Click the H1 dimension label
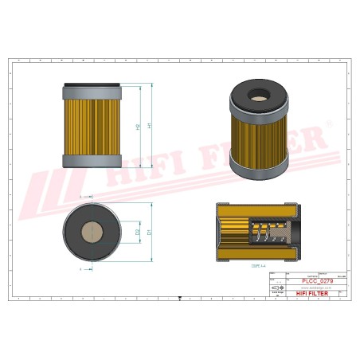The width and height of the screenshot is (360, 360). (x=149, y=127)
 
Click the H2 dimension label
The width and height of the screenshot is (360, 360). (x=139, y=127)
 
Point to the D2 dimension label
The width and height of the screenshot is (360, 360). (x=139, y=232)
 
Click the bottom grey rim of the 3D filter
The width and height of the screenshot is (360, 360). (x=259, y=169)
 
